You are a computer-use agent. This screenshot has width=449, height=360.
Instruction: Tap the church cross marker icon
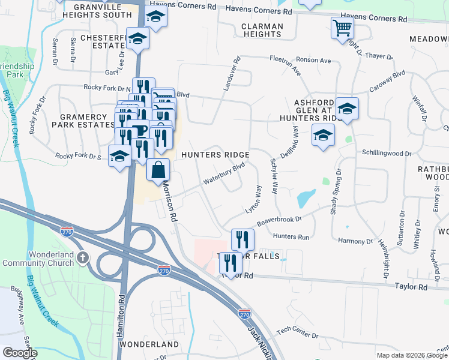(x=83, y=257)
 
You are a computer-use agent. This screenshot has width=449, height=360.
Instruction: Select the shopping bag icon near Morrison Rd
(x=158, y=170)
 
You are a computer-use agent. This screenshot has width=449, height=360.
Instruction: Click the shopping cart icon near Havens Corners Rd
(x=342, y=27)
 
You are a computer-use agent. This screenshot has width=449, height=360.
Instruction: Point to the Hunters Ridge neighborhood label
(x=220, y=154)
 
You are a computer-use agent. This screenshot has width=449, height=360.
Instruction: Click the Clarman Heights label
(x=262, y=30)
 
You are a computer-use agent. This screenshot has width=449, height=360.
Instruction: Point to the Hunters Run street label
(x=291, y=237)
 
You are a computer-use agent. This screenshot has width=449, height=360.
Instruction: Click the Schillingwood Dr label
(x=386, y=154)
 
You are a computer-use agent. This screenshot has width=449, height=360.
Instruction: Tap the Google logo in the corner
(x=20, y=353)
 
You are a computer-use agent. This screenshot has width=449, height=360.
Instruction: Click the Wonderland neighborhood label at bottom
(x=149, y=344)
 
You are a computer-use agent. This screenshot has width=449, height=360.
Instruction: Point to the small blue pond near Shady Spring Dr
(x=306, y=197)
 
